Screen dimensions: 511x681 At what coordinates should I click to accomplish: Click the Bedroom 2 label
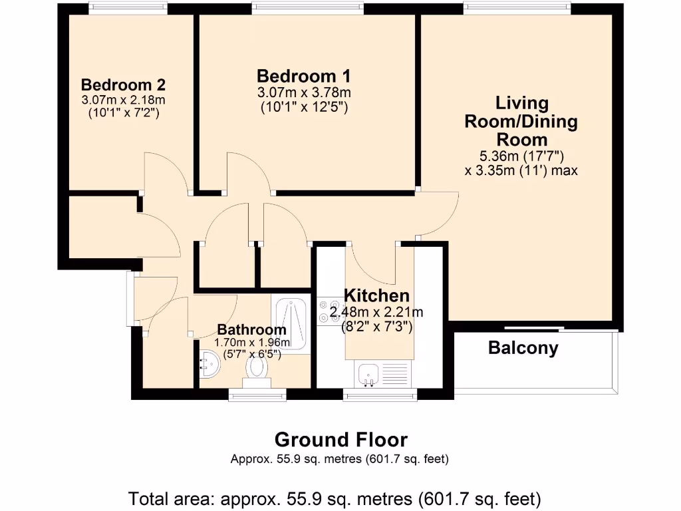tap(123, 85)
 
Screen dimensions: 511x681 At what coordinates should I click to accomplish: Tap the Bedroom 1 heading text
tap(304, 76)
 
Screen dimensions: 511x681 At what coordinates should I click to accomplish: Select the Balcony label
tap(523, 347)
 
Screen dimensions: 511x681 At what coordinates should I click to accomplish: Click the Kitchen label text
tap(376, 295)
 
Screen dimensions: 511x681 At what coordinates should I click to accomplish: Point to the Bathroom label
tap(252, 329)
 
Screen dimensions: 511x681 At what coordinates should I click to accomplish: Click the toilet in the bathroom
tap(256, 372)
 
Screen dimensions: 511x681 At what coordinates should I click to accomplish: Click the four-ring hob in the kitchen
tap(329, 311)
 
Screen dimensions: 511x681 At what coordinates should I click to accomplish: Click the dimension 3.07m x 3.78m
tap(304, 92)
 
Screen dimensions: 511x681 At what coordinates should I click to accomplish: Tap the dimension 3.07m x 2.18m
tap(123, 100)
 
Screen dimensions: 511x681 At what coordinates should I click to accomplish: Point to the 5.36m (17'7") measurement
tap(521, 156)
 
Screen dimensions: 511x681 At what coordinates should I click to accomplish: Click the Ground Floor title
tap(340, 439)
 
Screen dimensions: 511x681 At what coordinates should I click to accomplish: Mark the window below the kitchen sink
tap(380, 396)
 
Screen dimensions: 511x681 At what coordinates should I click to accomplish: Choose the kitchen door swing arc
tap(371, 266)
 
